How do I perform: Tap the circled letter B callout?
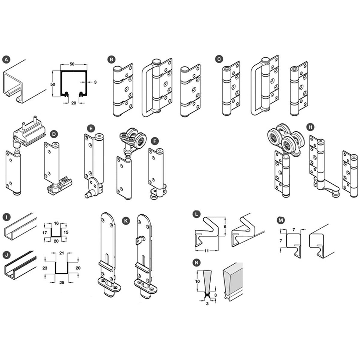(111, 60)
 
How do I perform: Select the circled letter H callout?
(310, 127)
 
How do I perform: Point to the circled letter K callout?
(126, 221)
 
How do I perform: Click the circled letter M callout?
(280, 220)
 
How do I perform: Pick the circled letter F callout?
(155, 141)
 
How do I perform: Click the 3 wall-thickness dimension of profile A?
(95, 82)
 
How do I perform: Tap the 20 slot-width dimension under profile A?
(74, 103)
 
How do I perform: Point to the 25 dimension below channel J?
(62, 283)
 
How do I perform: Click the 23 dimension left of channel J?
(45, 268)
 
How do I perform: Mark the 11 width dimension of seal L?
(206, 251)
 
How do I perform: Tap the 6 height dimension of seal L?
(225, 226)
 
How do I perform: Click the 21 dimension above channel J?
(62, 253)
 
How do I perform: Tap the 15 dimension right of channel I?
(66, 232)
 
